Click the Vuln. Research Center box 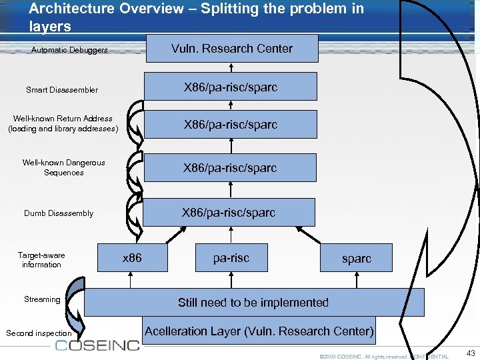click(231, 49)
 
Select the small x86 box click(133, 257)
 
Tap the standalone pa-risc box click(231, 257)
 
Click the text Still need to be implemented click(253, 302)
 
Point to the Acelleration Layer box click(259, 331)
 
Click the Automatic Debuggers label click(69, 50)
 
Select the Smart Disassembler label click(62, 89)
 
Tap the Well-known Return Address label click(63, 123)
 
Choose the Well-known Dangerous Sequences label click(63, 167)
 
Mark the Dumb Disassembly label click(59, 213)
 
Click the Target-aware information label click(41, 260)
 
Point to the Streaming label click(42, 299)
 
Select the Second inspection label click(39, 333)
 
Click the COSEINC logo click(97, 345)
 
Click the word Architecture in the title click(63, 9)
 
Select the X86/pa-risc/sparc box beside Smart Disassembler click(231, 87)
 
